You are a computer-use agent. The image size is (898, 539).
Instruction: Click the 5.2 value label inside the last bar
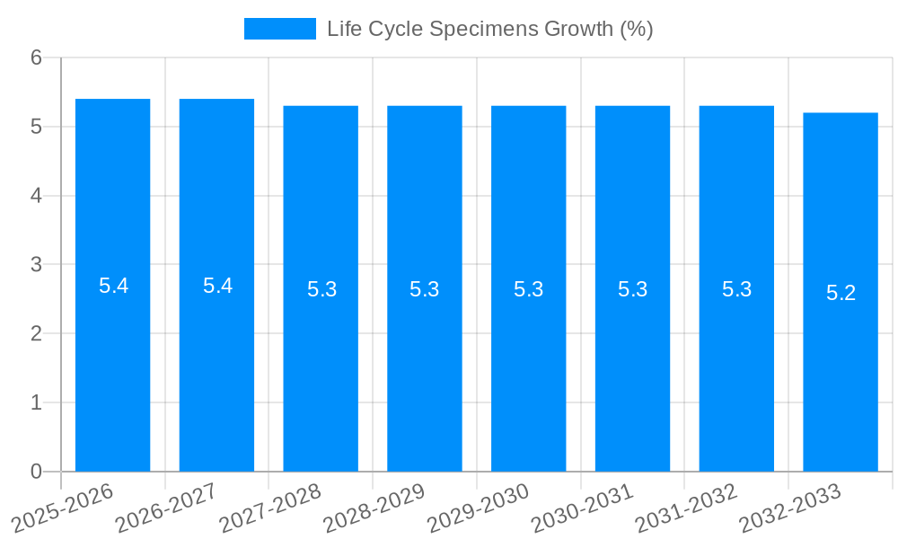pyautogui.click(x=841, y=293)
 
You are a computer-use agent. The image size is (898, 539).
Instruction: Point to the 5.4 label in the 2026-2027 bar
pyautogui.click(x=217, y=286)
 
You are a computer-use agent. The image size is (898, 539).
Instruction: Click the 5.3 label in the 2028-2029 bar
pyautogui.click(x=425, y=289)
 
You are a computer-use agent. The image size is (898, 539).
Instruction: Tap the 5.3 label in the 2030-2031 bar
pyautogui.click(x=632, y=289)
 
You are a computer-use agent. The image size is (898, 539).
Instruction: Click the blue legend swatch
pyautogui.click(x=279, y=29)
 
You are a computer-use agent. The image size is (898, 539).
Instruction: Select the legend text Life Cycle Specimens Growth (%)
pyautogui.click(x=489, y=29)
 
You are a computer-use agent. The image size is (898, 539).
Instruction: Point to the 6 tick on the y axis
pyautogui.click(x=37, y=57)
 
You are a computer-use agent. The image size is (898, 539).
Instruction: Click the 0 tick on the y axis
pyautogui.click(x=37, y=472)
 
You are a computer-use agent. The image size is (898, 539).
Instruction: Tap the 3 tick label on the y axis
pyautogui.click(x=37, y=265)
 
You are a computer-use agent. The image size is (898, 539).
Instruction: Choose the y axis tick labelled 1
pyautogui.click(x=37, y=402)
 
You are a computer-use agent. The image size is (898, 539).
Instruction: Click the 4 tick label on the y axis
pyautogui.click(x=37, y=196)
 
